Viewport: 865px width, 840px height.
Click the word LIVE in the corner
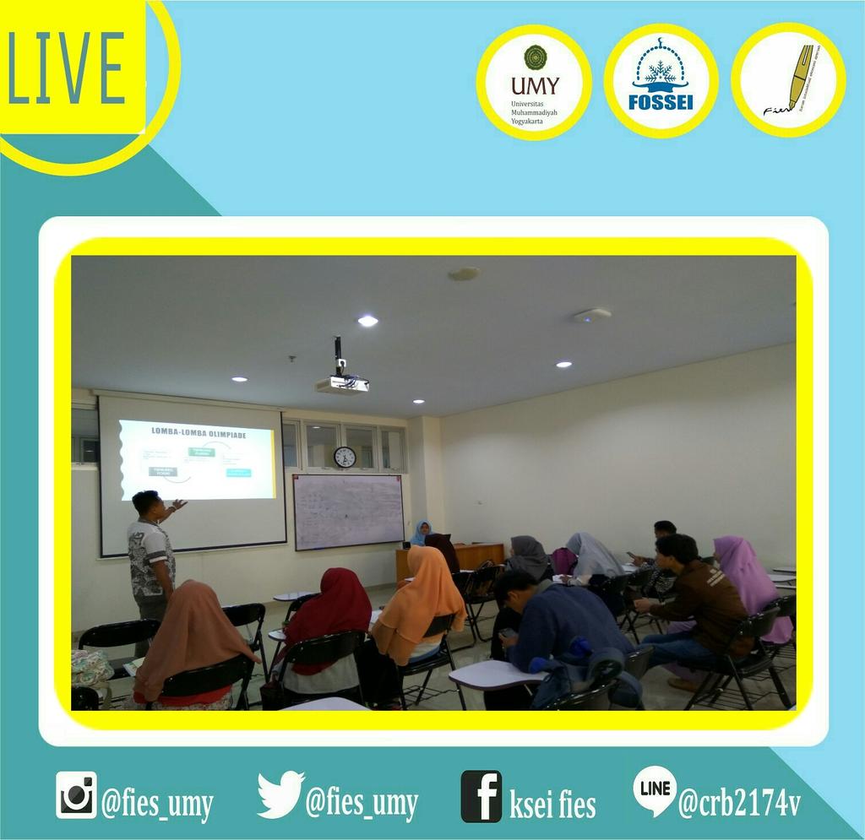click(x=67, y=67)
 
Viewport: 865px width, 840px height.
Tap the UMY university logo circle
click(x=534, y=82)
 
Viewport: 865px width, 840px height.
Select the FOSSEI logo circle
click(x=661, y=81)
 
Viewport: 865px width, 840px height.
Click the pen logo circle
click(x=788, y=80)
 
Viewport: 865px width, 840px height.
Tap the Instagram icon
click(x=76, y=795)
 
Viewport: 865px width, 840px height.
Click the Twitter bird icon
click(x=280, y=794)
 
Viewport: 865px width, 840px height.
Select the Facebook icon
click(x=481, y=796)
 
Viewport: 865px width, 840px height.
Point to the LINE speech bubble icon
click(x=654, y=789)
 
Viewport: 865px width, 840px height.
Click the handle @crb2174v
click(x=740, y=802)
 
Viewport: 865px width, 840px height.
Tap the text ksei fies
click(x=552, y=804)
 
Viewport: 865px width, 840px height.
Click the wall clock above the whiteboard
click(x=345, y=457)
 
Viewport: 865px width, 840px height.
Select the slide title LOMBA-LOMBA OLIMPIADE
click(x=199, y=431)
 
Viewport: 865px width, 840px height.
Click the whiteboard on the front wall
click(x=348, y=511)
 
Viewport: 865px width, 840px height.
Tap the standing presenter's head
click(x=146, y=504)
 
